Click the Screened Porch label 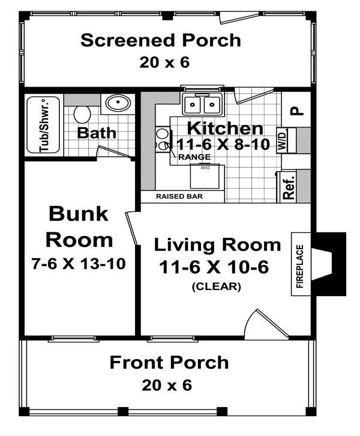coord(161,40)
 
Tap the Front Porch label coord(169,363)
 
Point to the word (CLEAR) coord(217,286)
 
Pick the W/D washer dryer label coord(281,140)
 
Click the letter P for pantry coord(296,111)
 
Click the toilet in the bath coord(82,114)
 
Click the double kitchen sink coord(202,104)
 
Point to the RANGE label coord(194,157)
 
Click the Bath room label coord(97,132)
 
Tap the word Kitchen coord(225,128)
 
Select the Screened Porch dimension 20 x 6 coord(161,62)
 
